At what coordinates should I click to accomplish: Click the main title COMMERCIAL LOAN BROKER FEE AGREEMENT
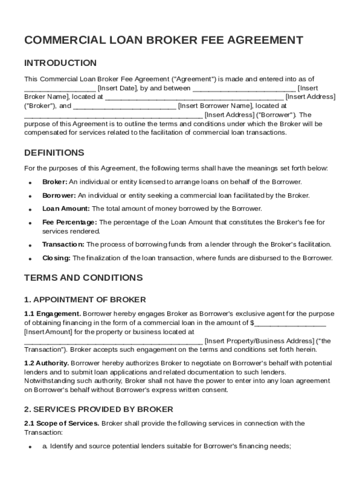click(x=163, y=40)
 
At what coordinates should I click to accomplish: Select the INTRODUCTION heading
click(x=60, y=63)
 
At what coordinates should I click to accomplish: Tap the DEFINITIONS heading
click(x=54, y=153)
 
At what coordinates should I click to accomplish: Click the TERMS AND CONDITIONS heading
click(x=83, y=278)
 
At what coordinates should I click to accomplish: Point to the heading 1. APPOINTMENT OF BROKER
click(x=85, y=299)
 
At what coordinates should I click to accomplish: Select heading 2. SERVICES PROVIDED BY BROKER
click(x=99, y=409)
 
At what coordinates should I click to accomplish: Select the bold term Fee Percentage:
click(x=70, y=222)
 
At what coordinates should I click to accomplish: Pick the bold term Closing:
click(x=57, y=258)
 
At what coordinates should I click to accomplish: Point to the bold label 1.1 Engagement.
click(x=52, y=313)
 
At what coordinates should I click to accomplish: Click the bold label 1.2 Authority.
click(x=47, y=363)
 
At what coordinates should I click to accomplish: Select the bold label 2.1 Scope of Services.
click(x=62, y=423)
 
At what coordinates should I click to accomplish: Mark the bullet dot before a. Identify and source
click(x=29, y=447)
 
